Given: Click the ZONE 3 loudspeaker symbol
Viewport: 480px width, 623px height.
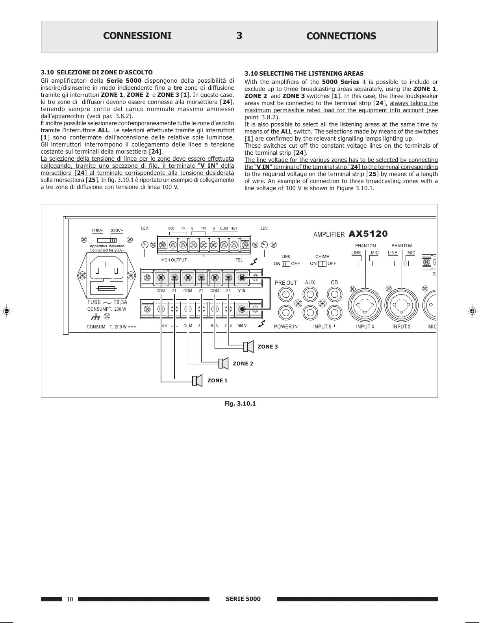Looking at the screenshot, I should (x=248, y=347).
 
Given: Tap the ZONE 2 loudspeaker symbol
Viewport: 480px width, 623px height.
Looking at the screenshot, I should (x=224, y=363).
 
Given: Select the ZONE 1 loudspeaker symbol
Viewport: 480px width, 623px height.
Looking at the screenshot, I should (x=197, y=380).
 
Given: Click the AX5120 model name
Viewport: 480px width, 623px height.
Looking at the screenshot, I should (x=368, y=234).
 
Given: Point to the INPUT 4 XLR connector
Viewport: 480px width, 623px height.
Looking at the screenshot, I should (x=365, y=305).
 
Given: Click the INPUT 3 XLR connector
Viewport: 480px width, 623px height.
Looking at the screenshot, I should (x=401, y=305).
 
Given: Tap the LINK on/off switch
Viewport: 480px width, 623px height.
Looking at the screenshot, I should (x=286, y=263).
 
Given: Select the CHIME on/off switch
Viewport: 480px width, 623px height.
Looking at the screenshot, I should (x=322, y=263).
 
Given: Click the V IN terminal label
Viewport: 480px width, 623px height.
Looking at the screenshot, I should (x=242, y=291).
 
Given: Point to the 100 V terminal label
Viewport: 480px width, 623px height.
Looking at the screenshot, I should (x=242, y=326).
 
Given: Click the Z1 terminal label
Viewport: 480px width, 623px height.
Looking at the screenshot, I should (x=174, y=291).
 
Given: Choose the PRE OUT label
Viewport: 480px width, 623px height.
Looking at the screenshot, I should (x=286, y=283).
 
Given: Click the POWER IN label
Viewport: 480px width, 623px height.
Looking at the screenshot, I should (x=286, y=326).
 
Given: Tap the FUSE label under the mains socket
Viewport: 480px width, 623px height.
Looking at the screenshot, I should (x=94, y=302).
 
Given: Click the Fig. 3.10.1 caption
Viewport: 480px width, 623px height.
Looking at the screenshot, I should (x=240, y=404).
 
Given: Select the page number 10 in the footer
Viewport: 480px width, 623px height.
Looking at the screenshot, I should (x=70, y=599).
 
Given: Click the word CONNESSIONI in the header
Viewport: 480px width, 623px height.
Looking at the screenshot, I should (x=137, y=36).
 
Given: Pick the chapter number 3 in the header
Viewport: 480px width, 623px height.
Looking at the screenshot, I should (x=239, y=36).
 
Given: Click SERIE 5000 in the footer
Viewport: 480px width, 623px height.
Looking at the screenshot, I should (x=243, y=599).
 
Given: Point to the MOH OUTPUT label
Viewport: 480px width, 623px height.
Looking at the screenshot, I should (x=174, y=260).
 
